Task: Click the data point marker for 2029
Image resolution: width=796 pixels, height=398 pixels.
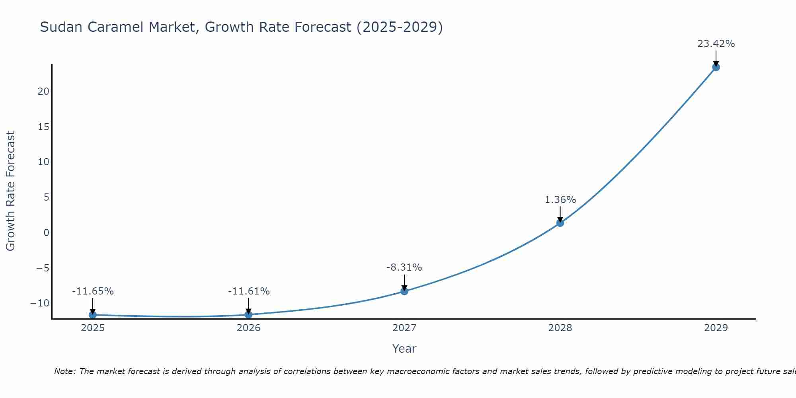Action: click(x=716, y=67)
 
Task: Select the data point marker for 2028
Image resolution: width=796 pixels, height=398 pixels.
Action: click(x=560, y=223)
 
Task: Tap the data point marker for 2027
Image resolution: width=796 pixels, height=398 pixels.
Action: click(x=404, y=291)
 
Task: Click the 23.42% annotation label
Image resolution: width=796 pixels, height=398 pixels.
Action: click(x=716, y=44)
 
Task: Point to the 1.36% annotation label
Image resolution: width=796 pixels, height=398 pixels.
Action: click(x=560, y=200)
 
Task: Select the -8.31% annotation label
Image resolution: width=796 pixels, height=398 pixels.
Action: click(x=404, y=267)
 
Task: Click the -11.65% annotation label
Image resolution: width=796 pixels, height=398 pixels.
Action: click(x=93, y=291)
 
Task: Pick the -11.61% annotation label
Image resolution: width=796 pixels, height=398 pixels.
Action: click(x=249, y=291)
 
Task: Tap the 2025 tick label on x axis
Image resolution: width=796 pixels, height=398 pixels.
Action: click(x=93, y=328)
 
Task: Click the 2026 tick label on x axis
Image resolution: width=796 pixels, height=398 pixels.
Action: click(x=248, y=328)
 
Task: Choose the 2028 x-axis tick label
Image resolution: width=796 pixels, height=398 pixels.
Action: click(x=560, y=328)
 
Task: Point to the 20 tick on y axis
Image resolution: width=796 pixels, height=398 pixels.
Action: click(x=43, y=92)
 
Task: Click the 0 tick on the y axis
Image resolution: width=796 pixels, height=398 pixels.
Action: click(x=47, y=232)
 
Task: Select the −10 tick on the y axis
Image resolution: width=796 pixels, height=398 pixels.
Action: click(x=40, y=303)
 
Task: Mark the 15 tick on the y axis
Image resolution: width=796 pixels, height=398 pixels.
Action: click(x=43, y=127)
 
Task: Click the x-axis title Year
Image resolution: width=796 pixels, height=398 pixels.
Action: click(x=404, y=349)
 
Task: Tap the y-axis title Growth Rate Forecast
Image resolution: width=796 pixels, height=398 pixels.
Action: click(x=11, y=191)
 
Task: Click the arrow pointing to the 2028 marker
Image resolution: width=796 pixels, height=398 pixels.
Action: click(x=560, y=214)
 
